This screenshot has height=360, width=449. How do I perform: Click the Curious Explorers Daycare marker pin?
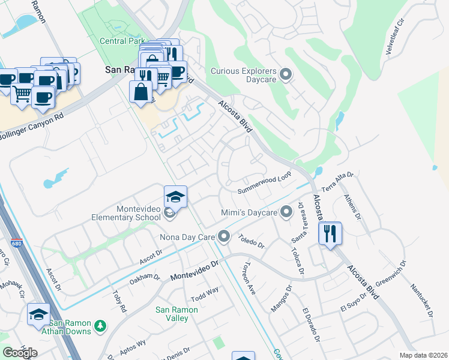(x=286, y=75)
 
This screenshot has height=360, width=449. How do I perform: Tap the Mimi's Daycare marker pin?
(x=286, y=211)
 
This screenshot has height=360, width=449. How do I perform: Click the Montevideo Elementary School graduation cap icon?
(x=175, y=197)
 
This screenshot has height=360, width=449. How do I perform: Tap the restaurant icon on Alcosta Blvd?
(x=329, y=233)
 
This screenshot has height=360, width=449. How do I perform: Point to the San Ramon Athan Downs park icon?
(x=101, y=326)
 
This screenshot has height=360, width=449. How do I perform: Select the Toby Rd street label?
(x=119, y=301)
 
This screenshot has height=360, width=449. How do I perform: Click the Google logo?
(x=20, y=353)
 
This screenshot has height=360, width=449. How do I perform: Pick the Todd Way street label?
(x=205, y=295)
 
